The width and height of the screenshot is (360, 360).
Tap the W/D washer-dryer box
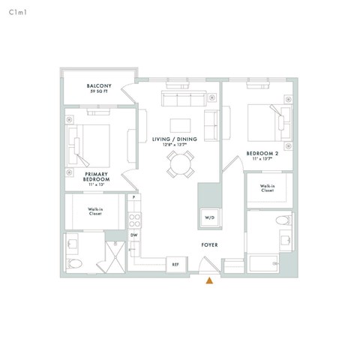click(208, 217)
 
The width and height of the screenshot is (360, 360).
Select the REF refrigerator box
click(175, 264)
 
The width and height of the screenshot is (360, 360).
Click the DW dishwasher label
click(134, 235)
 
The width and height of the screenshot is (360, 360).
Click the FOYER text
click(209, 245)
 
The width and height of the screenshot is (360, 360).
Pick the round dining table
click(180, 163)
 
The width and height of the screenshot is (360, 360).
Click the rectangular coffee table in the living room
click(180, 124)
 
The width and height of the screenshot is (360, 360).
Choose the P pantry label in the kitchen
click(134, 197)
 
